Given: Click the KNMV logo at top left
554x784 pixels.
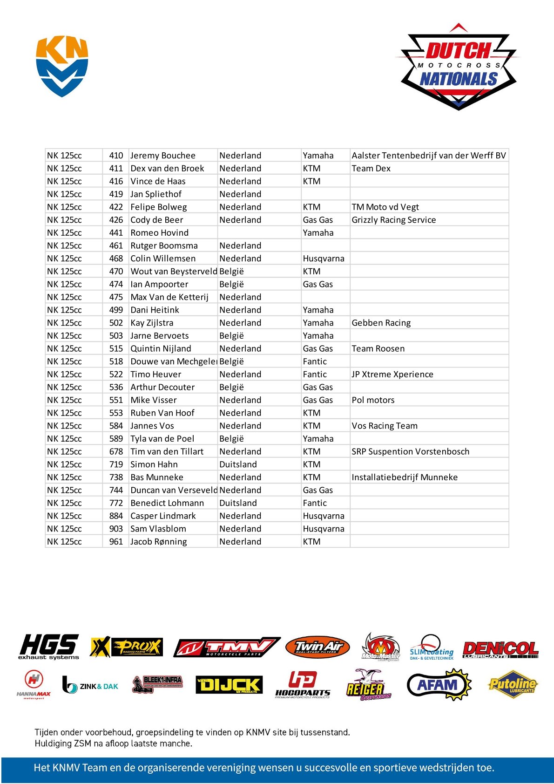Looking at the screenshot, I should pos(62,66).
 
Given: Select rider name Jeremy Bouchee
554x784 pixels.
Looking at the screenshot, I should pos(163,156).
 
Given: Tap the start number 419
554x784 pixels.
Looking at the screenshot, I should pos(116,194).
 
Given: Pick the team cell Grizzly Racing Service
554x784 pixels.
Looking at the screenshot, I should pos(394,220).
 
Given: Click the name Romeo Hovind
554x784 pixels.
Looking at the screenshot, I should pos(160,233).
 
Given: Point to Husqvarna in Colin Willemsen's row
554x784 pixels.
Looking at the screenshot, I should pos(324,259).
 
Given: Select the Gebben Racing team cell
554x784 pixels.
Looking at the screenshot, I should pos(381,323).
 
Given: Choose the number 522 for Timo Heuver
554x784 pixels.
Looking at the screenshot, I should pos(116,375).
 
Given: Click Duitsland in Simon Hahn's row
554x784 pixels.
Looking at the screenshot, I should pos(238,464).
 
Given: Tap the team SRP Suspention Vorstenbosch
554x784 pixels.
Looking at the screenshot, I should pos(411,452).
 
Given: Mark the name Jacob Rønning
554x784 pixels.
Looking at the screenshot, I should pos(159,542).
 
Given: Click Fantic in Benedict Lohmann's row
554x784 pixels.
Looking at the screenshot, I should pos(315,503).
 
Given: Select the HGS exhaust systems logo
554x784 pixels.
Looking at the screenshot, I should pos(49,647).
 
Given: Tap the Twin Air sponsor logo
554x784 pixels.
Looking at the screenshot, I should pos(318,647).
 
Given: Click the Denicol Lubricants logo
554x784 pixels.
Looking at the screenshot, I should pos(500,649).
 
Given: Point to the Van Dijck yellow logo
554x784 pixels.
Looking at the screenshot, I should pos(229,685).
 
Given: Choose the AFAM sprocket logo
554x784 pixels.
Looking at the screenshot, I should pos(439,685).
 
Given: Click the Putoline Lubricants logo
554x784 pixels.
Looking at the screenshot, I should pos(513,684).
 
